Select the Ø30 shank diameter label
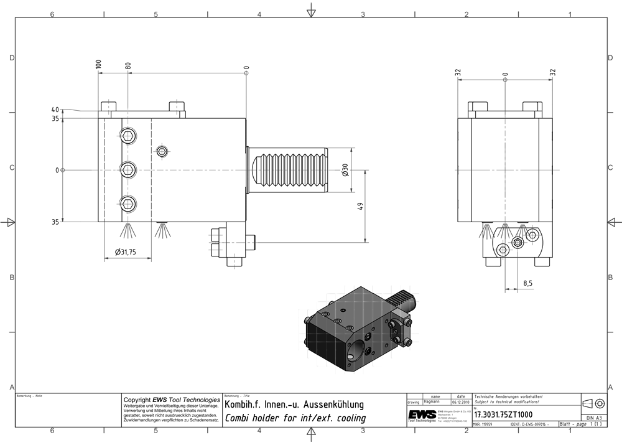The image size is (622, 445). coord(345,169)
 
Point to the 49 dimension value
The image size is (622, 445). coord(360,207)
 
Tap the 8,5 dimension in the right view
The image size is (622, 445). coord(527,283)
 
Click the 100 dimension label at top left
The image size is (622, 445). coord(98,64)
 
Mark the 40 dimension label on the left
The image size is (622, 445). coord(55,110)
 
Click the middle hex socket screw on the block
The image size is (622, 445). coord(128,169)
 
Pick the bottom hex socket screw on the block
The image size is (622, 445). coord(128,202)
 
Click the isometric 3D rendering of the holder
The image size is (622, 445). coord(357,327)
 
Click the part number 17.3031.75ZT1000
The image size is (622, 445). coord(504,414)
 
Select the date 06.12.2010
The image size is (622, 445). coord(460,402)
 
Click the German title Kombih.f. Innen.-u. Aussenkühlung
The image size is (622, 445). coord(294,405)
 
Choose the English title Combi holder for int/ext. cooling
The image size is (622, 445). coord(295,418)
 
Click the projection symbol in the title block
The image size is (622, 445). coord(593,403)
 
